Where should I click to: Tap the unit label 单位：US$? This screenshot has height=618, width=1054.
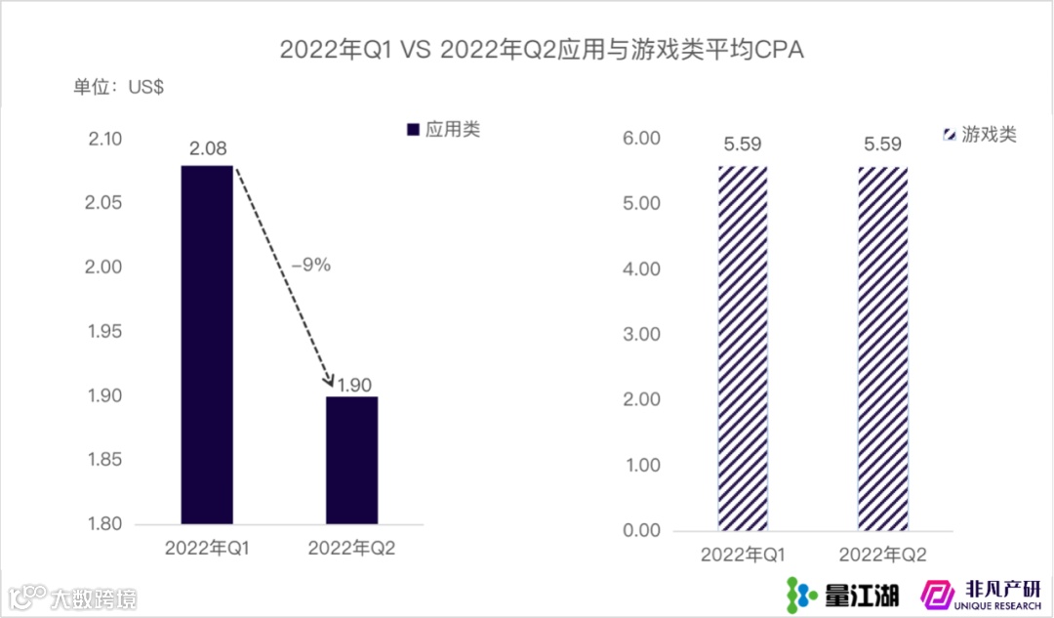[118, 86]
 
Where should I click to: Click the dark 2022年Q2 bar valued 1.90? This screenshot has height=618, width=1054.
[351, 459]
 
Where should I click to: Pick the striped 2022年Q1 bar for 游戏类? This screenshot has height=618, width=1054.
[744, 349]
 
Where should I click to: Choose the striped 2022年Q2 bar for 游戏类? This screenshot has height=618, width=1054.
[882, 349]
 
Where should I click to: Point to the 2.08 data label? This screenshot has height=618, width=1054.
[207, 149]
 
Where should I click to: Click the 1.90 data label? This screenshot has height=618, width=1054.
[354, 384]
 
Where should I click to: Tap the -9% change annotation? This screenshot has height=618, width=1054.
[309, 265]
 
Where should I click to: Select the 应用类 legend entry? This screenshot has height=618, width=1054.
[442, 130]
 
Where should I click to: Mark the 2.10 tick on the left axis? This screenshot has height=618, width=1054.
[104, 140]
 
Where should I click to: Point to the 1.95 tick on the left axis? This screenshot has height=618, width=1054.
[104, 332]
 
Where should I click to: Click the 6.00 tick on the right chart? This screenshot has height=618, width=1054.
[641, 139]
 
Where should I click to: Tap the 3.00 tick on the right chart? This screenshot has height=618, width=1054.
[641, 335]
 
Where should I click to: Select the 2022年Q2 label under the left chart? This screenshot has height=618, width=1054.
[351, 549]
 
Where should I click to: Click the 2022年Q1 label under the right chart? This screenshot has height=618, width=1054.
[744, 556]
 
